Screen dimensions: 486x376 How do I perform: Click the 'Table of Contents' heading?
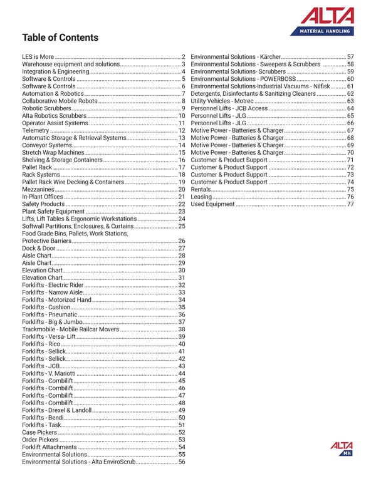(60, 38)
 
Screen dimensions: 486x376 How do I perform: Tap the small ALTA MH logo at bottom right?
(342, 448)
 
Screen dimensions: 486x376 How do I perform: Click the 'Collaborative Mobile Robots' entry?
(60, 101)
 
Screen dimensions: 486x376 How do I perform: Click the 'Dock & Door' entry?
(39, 249)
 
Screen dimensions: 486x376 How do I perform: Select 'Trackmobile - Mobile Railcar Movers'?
(70, 329)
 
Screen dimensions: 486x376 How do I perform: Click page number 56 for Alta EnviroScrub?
(182, 462)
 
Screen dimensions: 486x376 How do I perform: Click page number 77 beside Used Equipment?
(350, 204)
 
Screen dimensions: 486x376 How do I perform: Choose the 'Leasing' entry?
(201, 197)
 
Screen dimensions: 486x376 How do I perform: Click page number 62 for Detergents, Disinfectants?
(350, 93)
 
